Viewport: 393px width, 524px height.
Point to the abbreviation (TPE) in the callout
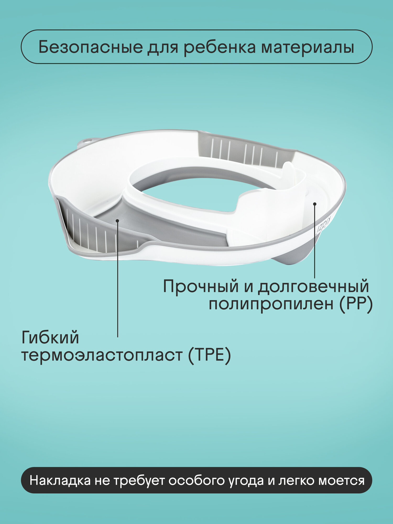pyautogui.click(x=209, y=355)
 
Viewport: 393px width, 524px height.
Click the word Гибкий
pyautogui.click(x=50, y=338)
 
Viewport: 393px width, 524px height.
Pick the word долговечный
pyautogui.click(x=313, y=287)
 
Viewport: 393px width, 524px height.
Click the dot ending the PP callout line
pyautogui.click(x=315, y=204)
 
